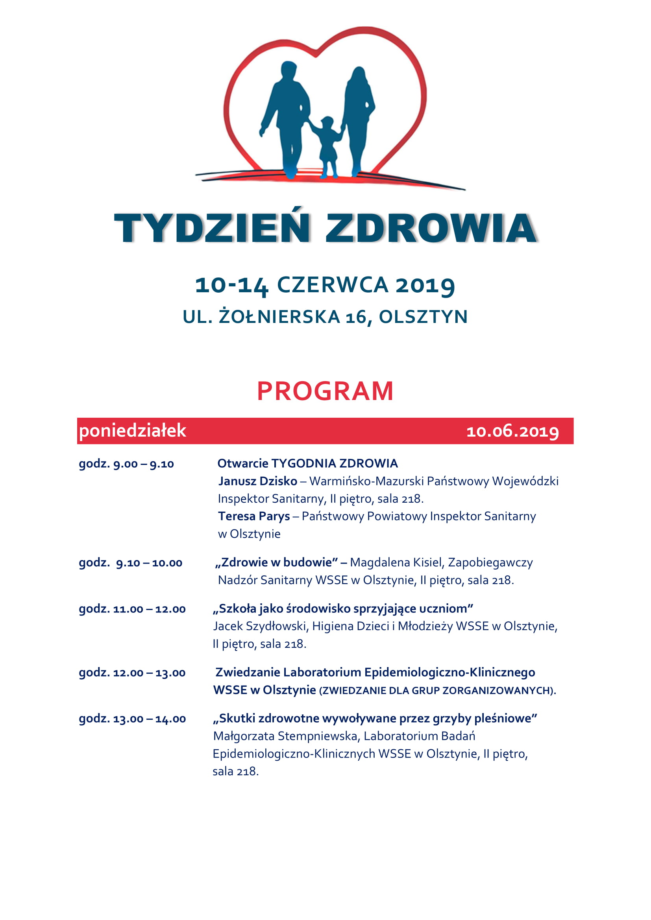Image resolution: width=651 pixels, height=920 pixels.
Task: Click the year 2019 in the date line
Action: click(425, 285)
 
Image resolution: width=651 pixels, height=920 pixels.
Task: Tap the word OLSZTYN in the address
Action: click(424, 317)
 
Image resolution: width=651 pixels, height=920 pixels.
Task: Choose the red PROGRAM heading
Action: click(325, 391)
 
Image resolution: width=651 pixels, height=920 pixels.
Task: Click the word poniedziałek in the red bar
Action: click(133, 431)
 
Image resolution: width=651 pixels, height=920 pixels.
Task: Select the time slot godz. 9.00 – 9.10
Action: click(126, 464)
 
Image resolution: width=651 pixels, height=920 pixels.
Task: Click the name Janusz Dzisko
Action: click(258, 481)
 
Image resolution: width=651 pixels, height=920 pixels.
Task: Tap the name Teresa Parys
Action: click(254, 516)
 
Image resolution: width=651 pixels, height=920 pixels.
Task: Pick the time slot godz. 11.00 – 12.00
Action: click(132, 609)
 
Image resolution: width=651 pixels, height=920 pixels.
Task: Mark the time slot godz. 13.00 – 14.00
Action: click(132, 719)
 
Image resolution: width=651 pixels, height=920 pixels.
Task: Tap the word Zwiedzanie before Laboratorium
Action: click(247, 672)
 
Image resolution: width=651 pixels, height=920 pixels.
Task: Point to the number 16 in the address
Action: click(355, 317)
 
